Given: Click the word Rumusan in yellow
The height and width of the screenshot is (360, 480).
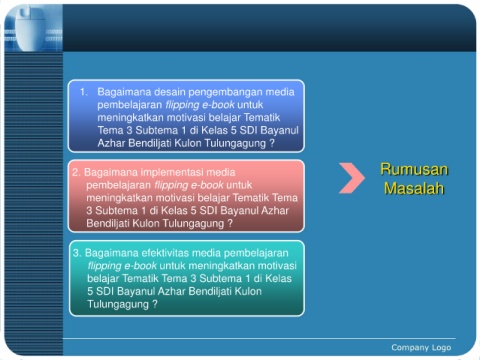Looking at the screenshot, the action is [414, 169].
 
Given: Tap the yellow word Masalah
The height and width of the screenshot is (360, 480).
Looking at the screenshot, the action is [414, 188].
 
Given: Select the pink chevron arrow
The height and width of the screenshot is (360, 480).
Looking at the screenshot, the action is [352, 178].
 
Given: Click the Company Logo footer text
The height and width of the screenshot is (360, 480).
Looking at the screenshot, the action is [421, 348].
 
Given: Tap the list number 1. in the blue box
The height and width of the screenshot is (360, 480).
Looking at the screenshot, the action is [84, 92].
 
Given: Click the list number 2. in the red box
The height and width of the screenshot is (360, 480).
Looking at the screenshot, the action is [76, 172].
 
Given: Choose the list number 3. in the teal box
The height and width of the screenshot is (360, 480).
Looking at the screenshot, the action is [77, 253].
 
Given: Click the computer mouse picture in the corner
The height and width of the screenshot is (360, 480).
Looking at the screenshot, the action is [32, 28].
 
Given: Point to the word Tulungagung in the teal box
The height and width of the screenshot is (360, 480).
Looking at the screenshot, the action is [118, 305].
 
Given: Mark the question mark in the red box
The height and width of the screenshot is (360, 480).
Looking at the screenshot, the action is [230, 223].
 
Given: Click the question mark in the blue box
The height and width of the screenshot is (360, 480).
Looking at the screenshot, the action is [272, 143].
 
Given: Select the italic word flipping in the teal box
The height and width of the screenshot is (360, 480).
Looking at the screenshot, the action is [104, 266].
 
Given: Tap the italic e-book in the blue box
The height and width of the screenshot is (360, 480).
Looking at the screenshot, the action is [218, 105].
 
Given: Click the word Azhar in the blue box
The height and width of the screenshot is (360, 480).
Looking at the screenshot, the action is [111, 143].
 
